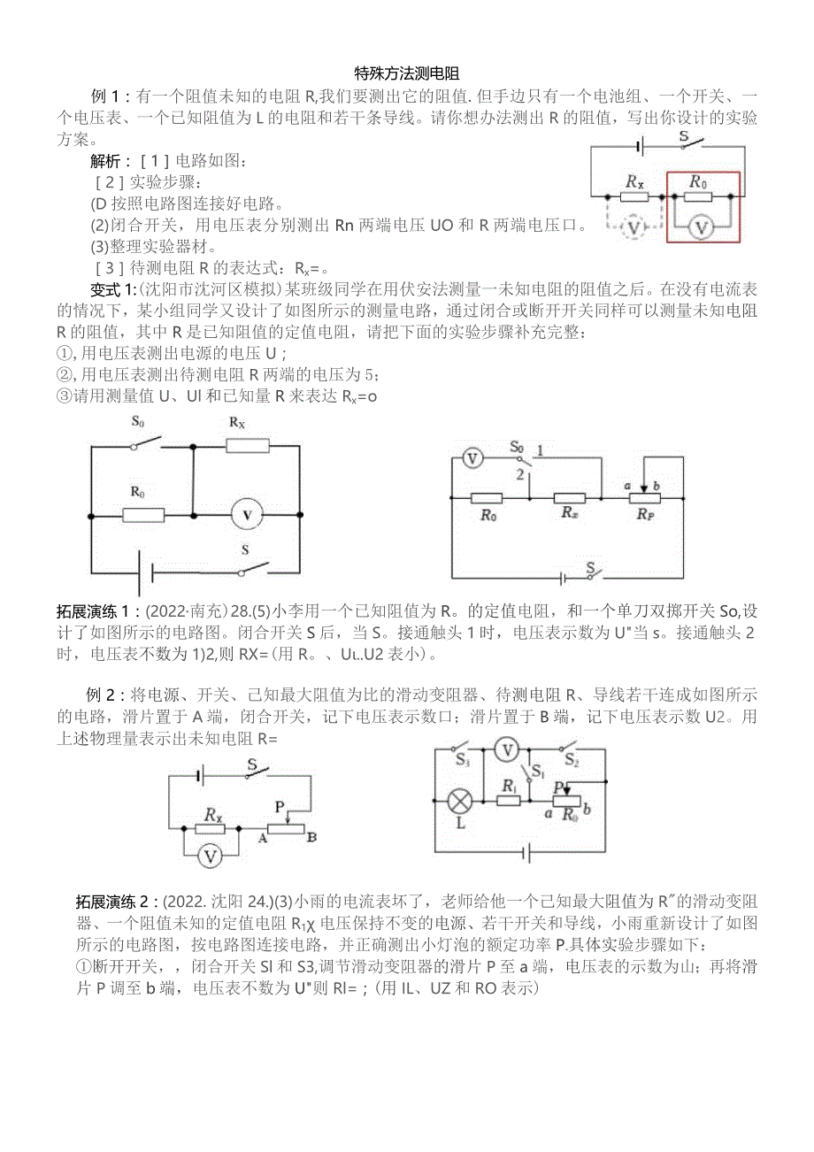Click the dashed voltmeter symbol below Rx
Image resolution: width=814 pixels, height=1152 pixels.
[x=634, y=227]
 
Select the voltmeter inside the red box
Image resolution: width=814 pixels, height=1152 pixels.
[x=701, y=227]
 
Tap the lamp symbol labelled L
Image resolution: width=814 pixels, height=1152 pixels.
[x=460, y=802]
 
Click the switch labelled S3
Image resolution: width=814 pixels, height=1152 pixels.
[x=462, y=759]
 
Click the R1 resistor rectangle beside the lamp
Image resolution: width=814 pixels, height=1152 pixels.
[x=508, y=800]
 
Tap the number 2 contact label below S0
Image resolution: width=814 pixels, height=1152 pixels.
[x=521, y=475]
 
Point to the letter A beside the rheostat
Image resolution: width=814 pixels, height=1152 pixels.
[x=262, y=837]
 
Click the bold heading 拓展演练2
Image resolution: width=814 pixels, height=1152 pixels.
[x=116, y=902]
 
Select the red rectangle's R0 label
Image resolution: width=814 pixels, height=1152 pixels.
[x=699, y=182]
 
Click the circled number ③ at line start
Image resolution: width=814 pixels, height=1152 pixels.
[x=63, y=396]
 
